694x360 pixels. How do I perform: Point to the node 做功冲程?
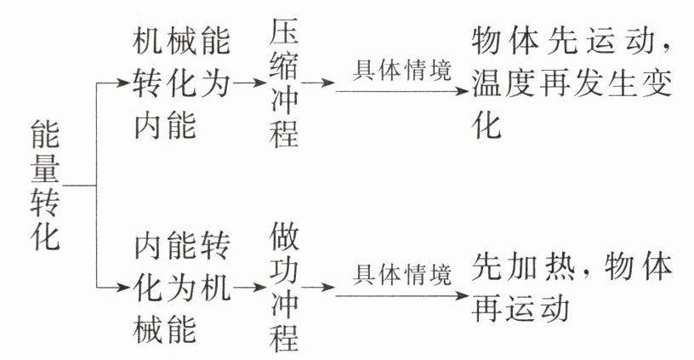click(285, 288)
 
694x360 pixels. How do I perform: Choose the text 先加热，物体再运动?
click(572, 288)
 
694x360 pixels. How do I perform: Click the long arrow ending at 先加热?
click(400, 294)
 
